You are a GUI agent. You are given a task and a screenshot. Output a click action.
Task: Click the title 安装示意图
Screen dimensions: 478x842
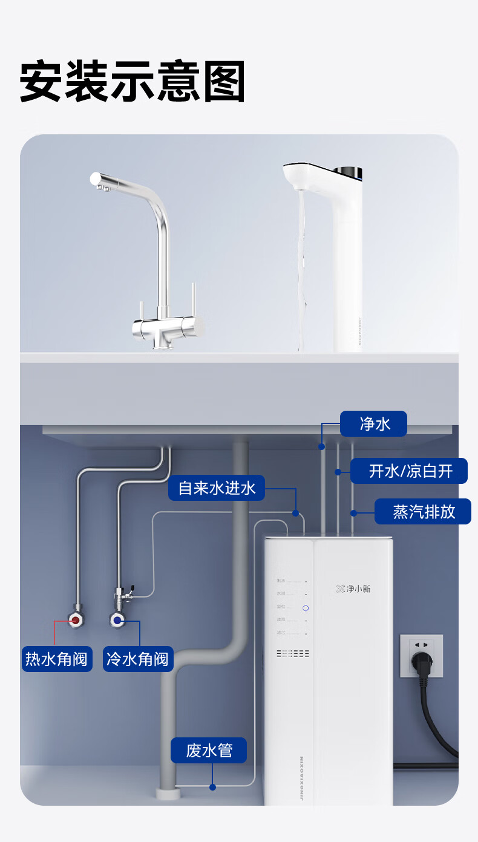pos(133,82)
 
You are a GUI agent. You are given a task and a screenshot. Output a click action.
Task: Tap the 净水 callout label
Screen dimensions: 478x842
pos(373,424)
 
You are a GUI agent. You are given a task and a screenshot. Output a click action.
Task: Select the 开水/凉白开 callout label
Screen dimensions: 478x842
pos(409,471)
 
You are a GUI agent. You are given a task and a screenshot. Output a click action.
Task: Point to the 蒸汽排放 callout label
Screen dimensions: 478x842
pos(423,512)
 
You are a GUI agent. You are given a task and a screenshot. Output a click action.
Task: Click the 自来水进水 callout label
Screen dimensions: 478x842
pos(217,488)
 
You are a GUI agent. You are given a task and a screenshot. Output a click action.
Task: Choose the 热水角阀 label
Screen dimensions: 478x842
pos(57,658)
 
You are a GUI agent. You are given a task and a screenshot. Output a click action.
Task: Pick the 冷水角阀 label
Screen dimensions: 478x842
pos(138,658)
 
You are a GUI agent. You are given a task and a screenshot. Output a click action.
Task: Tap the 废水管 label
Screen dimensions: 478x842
pos(209,750)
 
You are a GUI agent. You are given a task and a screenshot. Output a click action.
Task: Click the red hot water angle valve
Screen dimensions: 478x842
pos(76,620)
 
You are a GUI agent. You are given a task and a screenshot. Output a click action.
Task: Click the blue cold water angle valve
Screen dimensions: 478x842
pos(117,619)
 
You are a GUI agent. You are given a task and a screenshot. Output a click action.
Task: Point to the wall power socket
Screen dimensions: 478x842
pos(421,654)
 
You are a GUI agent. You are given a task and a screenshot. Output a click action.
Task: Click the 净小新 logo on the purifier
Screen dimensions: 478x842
pos(353,589)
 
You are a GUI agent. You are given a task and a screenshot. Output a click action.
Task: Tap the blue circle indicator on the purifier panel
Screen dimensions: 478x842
pos(306,607)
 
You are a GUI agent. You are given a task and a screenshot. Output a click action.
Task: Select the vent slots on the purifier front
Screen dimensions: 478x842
pos(293,653)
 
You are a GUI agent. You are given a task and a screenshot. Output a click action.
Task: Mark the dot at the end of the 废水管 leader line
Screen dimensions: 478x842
pos(212,787)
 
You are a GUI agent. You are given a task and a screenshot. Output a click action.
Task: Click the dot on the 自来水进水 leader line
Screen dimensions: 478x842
pos(295,513)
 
